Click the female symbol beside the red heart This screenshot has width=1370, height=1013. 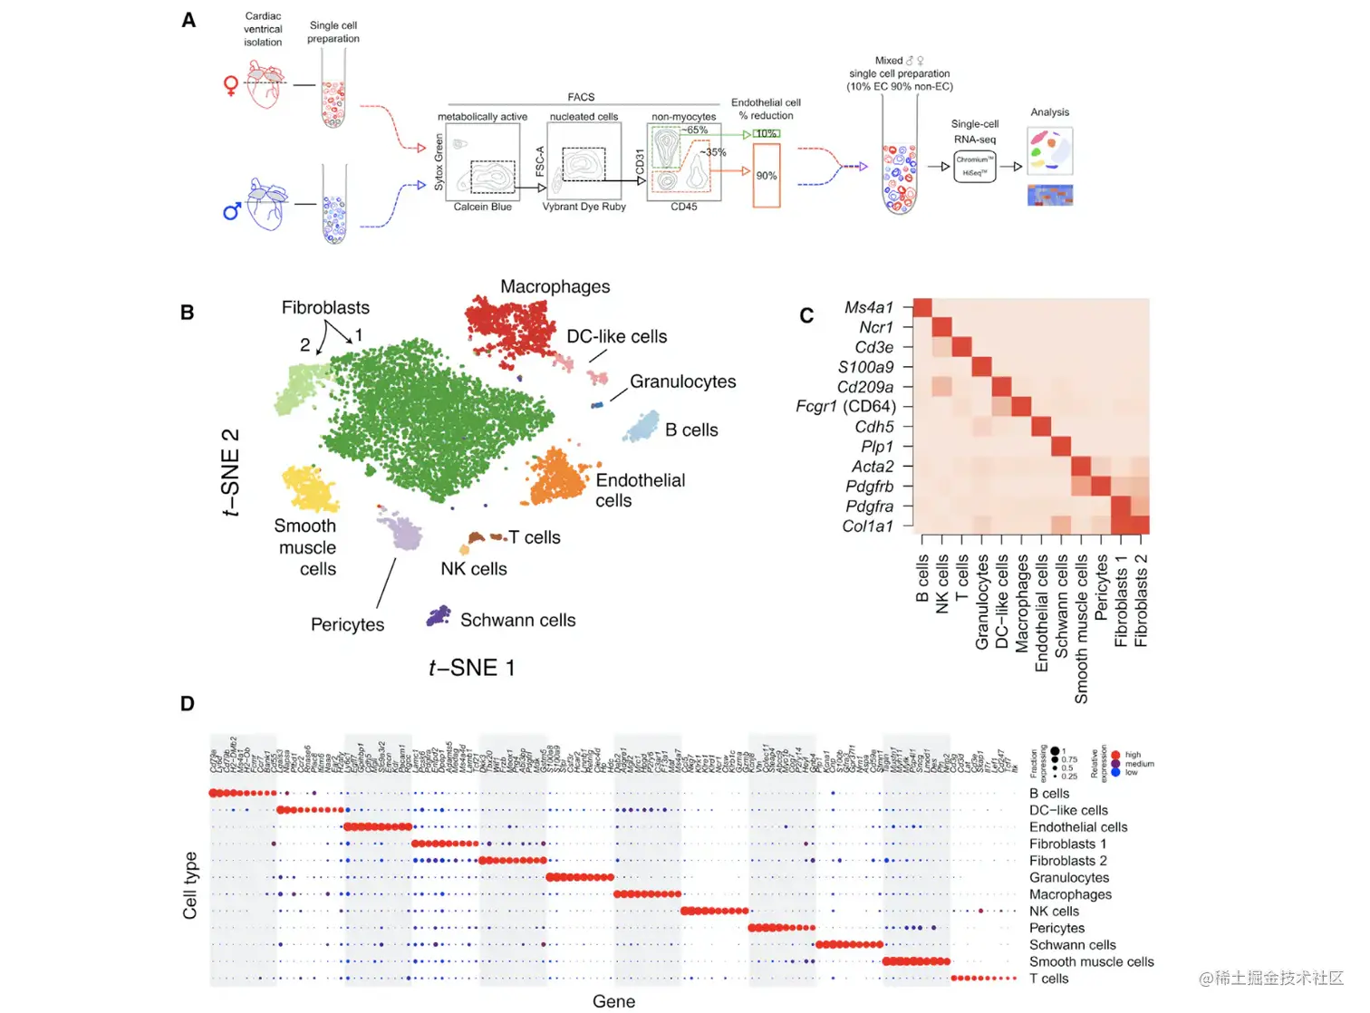[231, 86]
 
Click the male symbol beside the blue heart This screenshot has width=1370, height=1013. [232, 211]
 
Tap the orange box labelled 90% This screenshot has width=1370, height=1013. [767, 176]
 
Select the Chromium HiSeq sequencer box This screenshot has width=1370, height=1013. [974, 167]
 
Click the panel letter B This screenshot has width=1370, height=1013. [188, 313]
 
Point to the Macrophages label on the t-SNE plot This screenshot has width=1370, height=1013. [555, 287]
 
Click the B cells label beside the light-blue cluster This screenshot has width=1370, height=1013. [691, 430]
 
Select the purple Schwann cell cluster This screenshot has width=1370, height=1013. [439, 616]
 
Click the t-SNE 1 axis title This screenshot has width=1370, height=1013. [471, 669]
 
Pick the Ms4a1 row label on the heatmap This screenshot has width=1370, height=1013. [868, 308]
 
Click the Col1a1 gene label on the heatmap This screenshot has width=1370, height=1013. [867, 526]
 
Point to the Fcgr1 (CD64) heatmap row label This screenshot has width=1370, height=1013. [845, 407]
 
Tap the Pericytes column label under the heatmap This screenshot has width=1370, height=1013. [1101, 588]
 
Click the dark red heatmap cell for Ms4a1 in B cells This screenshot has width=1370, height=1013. [922, 308]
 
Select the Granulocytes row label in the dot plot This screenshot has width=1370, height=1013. [1068, 878]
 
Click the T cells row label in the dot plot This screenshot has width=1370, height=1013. [1048, 979]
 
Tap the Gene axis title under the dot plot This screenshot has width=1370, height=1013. [613, 1001]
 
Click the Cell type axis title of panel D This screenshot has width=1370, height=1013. [190, 885]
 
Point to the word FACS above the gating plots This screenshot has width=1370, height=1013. [581, 97]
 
